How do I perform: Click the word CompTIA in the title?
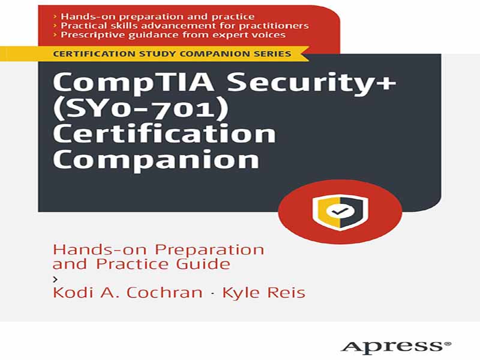[133, 82]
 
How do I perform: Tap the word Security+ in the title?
[311, 82]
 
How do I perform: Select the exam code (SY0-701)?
[141, 109]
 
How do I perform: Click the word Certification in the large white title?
[164, 134]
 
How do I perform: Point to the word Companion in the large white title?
[156, 160]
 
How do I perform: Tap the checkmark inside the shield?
[340, 211]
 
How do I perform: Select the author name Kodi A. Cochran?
[128, 292]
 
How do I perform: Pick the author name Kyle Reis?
[263, 292]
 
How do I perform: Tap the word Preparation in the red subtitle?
[209, 250]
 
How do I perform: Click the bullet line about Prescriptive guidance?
[169, 35]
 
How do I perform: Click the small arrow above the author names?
[55, 279]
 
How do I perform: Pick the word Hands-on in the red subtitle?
[100, 250]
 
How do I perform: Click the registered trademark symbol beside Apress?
[448, 343]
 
